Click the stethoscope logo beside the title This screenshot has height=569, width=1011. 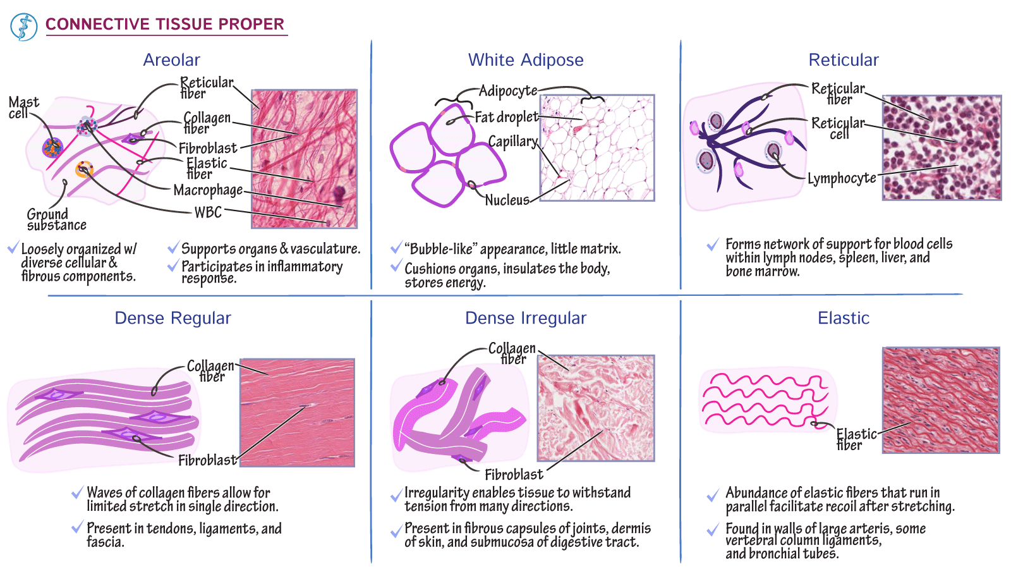(x=23, y=27)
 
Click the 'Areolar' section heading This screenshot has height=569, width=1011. (x=171, y=60)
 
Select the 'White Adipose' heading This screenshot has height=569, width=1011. (x=526, y=60)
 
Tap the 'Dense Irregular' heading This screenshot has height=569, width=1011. (x=526, y=318)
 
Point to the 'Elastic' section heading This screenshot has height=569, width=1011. (x=844, y=318)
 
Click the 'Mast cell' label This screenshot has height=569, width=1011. (x=24, y=107)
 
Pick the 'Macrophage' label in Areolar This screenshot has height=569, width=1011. (x=208, y=190)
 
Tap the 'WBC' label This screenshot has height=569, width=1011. (x=208, y=212)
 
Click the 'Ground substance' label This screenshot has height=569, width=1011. (x=56, y=219)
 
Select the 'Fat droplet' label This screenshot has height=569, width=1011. (x=506, y=118)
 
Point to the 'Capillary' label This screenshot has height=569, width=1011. (x=513, y=142)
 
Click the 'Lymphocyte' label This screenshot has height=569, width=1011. (x=842, y=178)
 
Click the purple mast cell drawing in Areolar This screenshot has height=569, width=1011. (x=52, y=148)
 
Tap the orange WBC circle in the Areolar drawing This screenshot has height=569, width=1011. (x=85, y=169)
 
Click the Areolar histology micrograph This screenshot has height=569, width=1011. (x=304, y=159)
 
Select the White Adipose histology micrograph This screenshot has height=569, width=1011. (x=597, y=148)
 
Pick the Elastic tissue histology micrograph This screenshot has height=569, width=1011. (x=941, y=400)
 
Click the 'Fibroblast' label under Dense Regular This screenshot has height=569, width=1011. (x=208, y=461)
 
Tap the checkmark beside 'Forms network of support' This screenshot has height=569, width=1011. (x=713, y=244)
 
